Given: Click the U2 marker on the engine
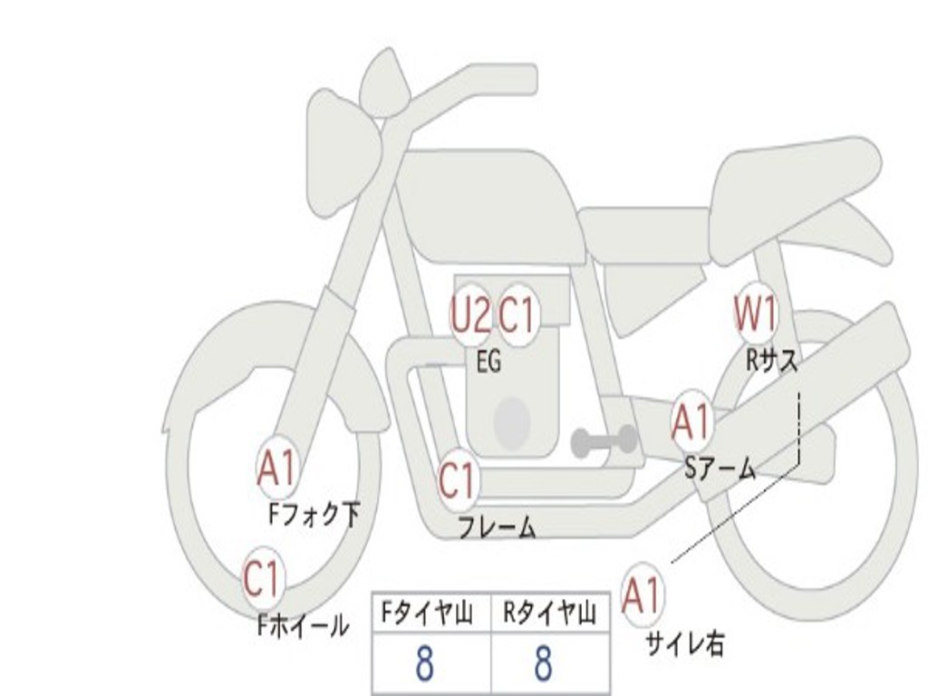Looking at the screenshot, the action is point(471,314).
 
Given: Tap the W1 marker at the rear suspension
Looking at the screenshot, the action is point(755,313).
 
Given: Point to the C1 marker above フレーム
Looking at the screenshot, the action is point(458,480).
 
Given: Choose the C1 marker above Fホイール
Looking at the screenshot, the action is point(262,577).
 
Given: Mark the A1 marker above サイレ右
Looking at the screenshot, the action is point(641,594).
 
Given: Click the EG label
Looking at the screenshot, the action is point(488,361).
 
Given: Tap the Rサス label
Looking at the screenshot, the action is point(772,360).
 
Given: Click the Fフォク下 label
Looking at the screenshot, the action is point(314,515).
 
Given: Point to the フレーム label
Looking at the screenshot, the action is point(498,527).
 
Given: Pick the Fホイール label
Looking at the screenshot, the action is point(303,625).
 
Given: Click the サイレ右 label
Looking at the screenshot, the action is point(685,643).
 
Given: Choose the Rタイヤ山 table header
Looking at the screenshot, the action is point(550,613).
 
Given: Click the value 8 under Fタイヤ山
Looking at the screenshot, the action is point(424,662).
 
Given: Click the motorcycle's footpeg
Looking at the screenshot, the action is point(603,441).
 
